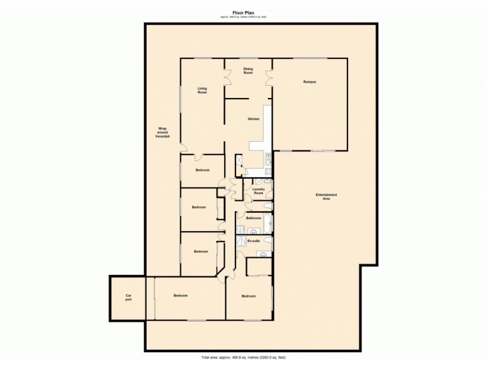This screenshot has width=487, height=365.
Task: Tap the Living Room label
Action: [202, 90]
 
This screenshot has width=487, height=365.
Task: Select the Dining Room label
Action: [248, 71]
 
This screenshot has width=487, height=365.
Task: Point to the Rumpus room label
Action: [310, 82]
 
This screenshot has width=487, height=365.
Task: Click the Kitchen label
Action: [253, 119]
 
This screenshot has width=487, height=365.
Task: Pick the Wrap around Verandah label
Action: [163, 132]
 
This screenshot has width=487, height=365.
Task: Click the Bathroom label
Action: [253, 217]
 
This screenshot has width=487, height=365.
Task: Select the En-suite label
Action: [253, 241]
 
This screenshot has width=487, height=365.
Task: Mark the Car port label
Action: [128, 298]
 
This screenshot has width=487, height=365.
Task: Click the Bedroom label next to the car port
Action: [180, 296]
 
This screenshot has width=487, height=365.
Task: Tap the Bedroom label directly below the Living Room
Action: [203, 170]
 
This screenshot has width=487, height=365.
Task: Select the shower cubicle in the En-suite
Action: [241, 242]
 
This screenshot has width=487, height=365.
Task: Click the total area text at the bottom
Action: [243, 356]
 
